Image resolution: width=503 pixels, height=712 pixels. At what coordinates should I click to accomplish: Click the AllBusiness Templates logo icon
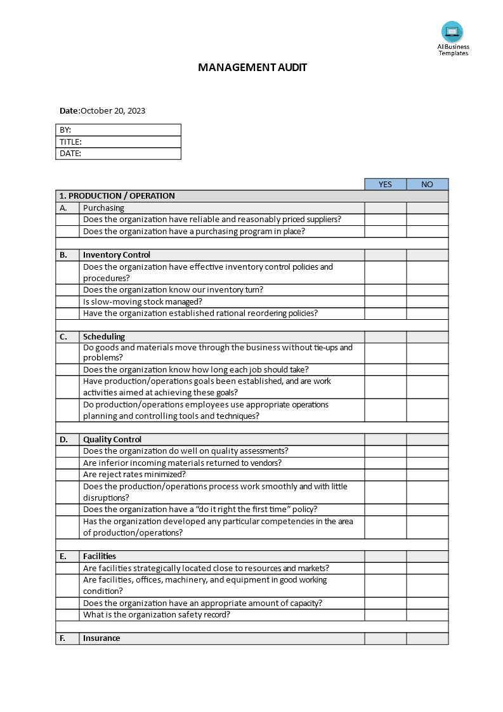452,32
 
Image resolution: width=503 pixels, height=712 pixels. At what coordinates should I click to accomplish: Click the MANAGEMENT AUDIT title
252,67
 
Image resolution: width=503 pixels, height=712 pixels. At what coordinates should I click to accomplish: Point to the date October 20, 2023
113,110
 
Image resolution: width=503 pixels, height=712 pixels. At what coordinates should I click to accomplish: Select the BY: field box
119,130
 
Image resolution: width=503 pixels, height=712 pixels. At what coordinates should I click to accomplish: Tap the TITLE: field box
119,142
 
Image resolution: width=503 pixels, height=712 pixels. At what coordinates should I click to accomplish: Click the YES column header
385,185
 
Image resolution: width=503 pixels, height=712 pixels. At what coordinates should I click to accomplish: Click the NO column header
427,185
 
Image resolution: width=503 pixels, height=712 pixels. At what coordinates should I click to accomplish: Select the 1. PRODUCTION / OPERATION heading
117,196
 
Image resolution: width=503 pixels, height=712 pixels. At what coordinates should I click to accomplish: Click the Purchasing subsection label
103,208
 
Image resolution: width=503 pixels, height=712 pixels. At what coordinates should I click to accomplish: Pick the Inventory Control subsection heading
117,255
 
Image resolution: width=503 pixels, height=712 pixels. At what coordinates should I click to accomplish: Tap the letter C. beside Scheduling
63,337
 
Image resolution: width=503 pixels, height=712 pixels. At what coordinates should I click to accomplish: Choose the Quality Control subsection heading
112,439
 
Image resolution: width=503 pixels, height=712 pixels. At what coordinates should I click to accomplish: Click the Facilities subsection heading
100,556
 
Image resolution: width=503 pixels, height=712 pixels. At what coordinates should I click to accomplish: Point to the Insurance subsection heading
101,638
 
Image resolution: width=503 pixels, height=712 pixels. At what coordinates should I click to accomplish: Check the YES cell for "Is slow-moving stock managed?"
385,302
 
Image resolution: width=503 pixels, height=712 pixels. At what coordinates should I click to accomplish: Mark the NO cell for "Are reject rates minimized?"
427,475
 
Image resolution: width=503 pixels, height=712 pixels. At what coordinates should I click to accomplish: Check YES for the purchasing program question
385,232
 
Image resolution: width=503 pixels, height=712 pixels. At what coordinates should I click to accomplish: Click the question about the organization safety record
157,615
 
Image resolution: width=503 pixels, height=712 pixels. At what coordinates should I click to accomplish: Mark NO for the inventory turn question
427,290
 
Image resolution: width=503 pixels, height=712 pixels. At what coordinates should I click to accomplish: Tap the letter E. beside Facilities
63,556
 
